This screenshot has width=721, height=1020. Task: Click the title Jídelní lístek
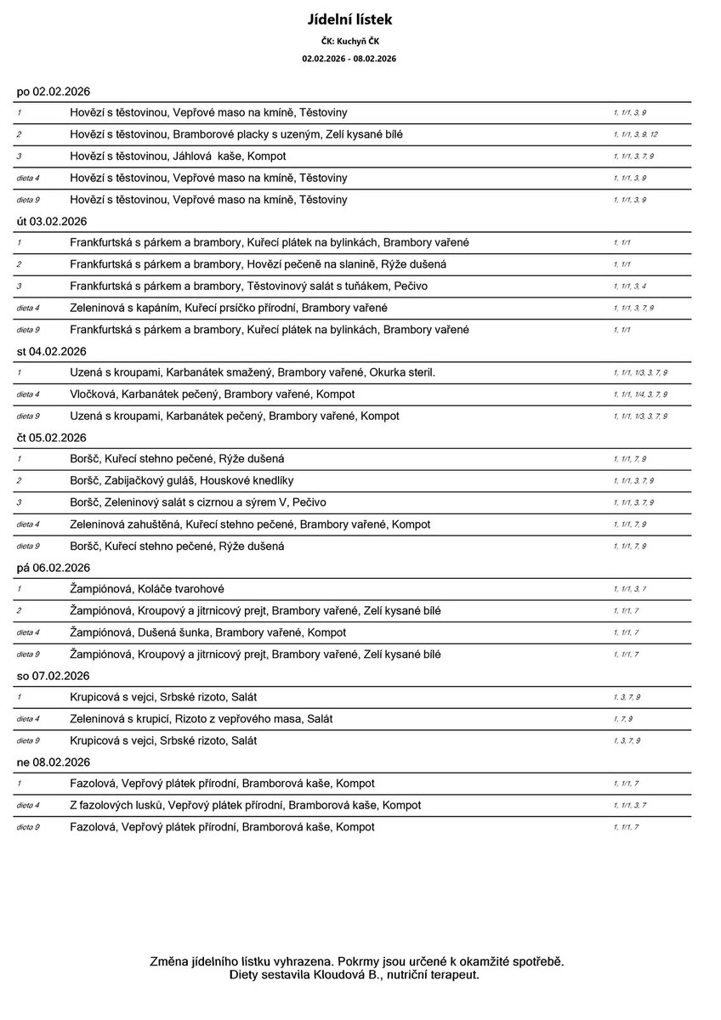point(349,19)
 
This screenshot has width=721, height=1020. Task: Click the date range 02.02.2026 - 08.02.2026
point(349,59)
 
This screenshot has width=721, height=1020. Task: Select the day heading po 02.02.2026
point(54,91)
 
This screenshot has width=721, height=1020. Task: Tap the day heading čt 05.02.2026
point(52,438)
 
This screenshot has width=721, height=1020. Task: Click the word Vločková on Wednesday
point(95,394)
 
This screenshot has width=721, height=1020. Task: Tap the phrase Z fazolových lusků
point(116,805)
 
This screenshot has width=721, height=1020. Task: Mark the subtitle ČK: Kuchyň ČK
point(349,41)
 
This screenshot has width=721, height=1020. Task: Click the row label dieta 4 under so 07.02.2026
point(28,719)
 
